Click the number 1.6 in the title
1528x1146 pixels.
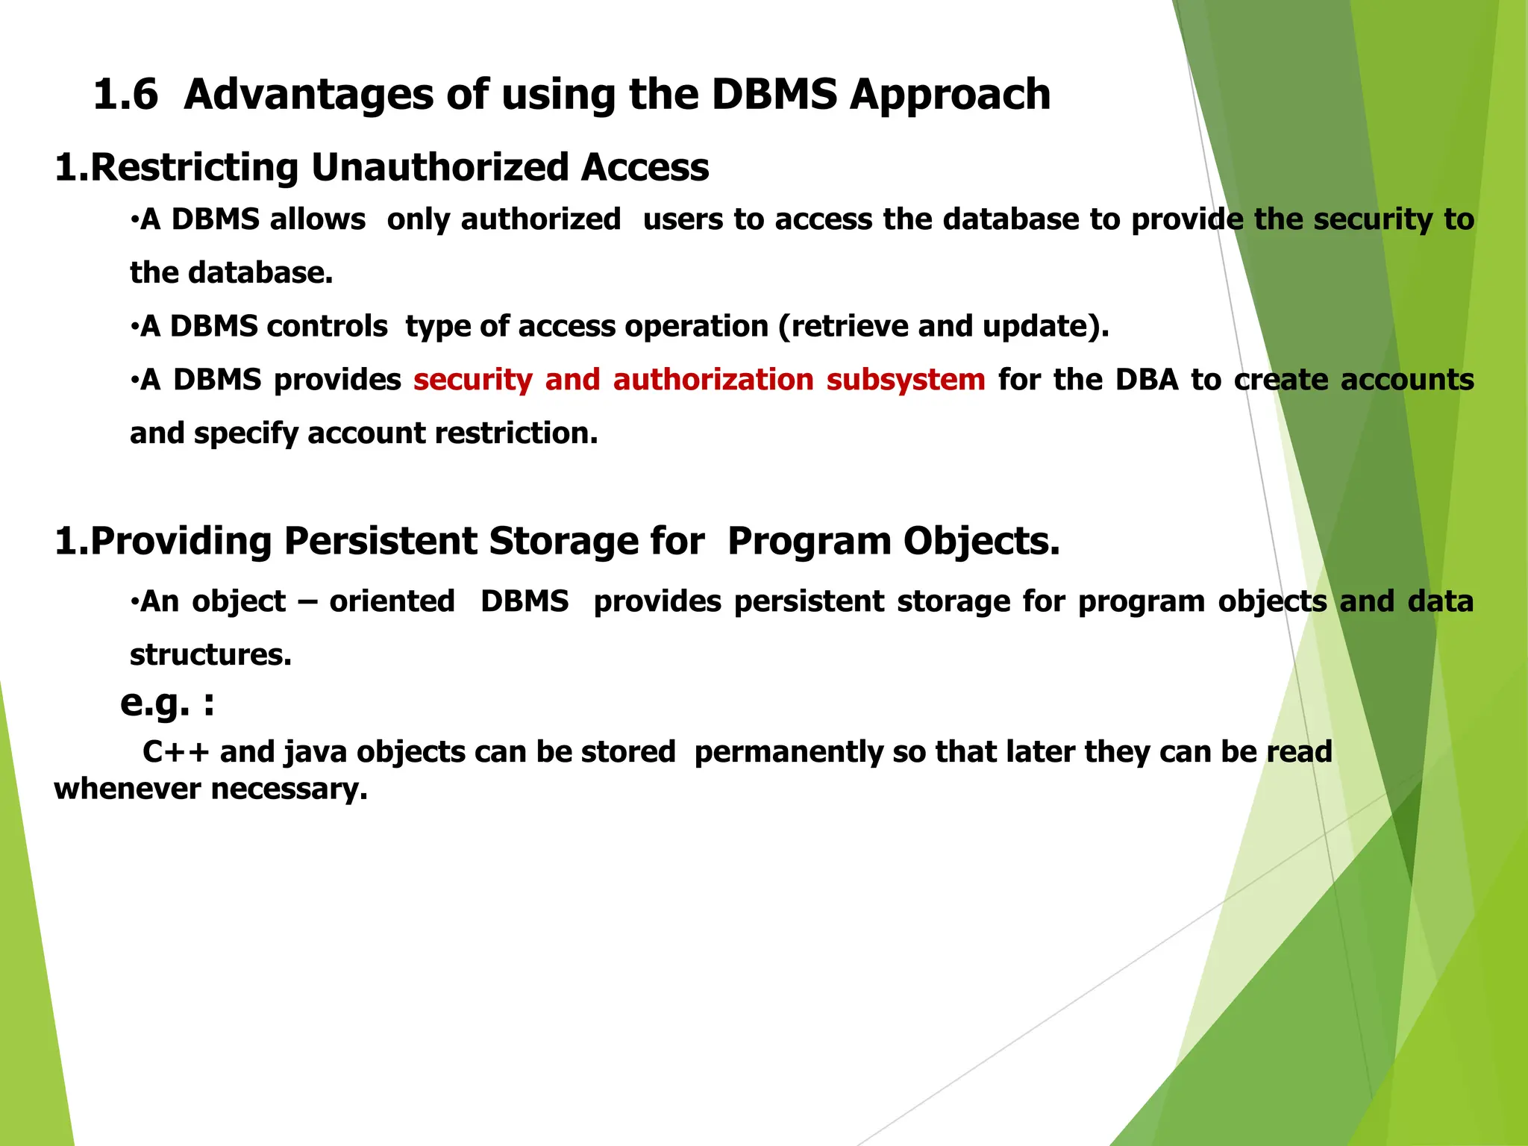[x=126, y=95]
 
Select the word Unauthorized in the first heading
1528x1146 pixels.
[x=439, y=166]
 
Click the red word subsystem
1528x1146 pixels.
[x=905, y=380]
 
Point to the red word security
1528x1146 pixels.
[x=472, y=380]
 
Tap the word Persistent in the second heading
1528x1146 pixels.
[x=380, y=541]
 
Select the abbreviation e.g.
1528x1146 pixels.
[x=155, y=702]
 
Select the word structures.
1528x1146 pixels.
[x=210, y=655]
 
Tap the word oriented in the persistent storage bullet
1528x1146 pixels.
[x=392, y=601]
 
